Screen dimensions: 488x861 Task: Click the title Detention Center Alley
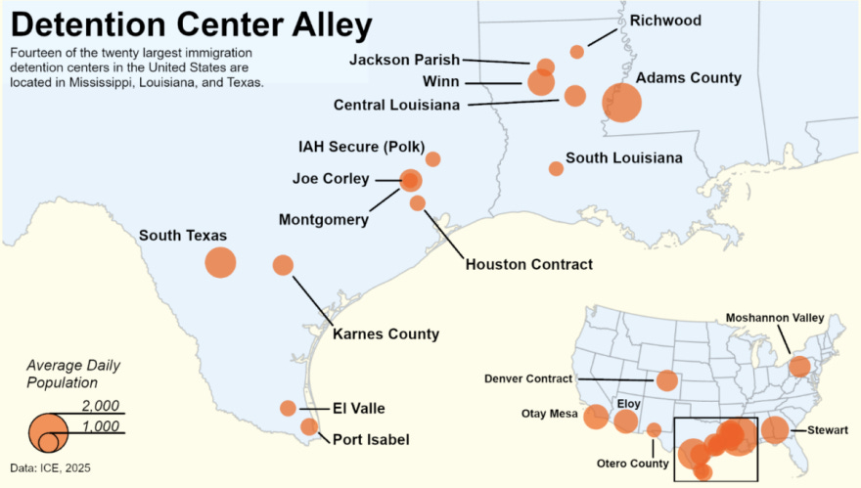192,23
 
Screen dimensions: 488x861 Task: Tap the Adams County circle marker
621,102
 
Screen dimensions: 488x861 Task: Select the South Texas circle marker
220,262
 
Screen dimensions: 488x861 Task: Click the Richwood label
664,20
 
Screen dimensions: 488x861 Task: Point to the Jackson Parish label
404,60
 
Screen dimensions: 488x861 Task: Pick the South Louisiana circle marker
556,168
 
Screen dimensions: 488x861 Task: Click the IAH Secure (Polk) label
361,147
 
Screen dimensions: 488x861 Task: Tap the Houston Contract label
528,264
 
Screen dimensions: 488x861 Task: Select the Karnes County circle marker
283,265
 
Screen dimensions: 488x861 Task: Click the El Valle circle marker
288,408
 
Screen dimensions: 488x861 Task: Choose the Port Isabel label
371,440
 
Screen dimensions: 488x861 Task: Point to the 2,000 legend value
100,406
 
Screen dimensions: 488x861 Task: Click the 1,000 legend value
100,426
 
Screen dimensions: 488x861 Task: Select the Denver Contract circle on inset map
667,380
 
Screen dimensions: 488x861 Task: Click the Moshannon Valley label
774,318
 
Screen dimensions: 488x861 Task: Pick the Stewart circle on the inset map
775,429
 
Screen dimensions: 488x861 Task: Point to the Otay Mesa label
549,414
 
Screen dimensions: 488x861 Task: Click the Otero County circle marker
654,429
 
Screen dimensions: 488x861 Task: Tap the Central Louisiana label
398,105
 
